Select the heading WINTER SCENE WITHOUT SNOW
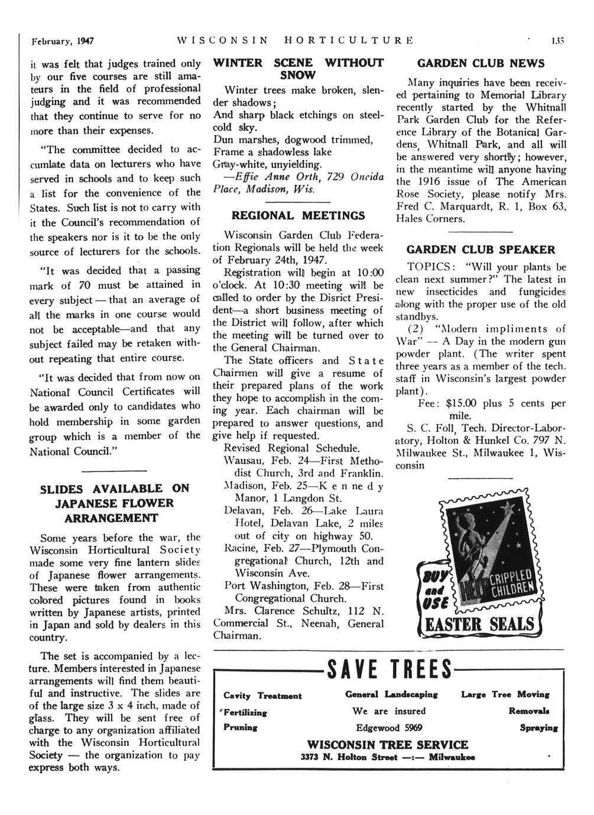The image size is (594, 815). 297,69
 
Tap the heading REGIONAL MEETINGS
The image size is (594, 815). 298,216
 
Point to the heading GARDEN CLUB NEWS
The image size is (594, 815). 481,63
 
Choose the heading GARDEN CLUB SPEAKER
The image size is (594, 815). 481,249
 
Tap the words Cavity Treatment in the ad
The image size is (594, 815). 262,696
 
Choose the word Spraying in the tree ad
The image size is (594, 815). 538,728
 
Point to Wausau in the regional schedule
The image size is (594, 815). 244,461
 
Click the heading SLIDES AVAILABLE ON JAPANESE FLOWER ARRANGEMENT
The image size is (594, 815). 114,503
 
